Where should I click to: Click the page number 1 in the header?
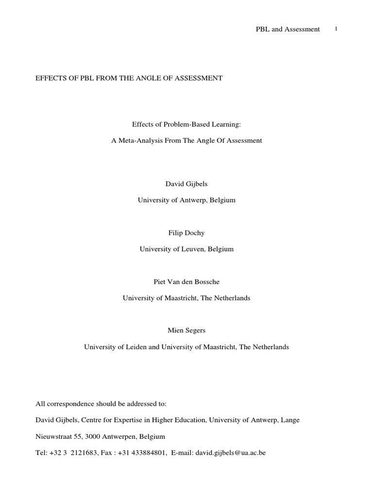[336, 29]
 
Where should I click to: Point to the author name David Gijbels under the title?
[186, 184]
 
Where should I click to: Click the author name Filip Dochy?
[186, 233]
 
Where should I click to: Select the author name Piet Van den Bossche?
[186, 282]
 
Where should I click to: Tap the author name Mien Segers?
[186, 331]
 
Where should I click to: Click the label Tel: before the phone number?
[41, 453]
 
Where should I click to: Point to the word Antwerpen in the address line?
[120, 436]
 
